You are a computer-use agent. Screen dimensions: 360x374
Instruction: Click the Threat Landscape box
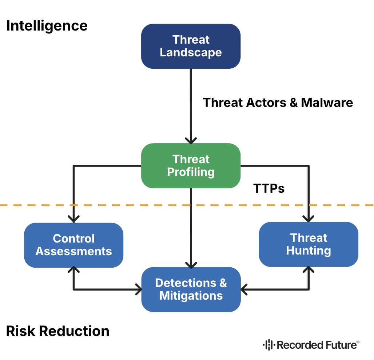tap(191, 46)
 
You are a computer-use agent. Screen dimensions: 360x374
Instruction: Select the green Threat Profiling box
tap(191, 165)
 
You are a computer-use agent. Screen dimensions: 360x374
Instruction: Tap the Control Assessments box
tap(73, 245)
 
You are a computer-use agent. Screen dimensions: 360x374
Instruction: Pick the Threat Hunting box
tap(309, 244)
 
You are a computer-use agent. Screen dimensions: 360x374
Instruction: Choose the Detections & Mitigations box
tap(191, 289)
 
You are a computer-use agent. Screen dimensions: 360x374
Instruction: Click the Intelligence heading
tap(47, 26)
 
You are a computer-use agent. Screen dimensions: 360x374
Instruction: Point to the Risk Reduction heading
tap(58, 331)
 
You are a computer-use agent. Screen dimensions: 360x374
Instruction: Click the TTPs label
tap(268, 188)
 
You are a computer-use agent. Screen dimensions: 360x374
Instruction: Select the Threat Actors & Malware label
tap(278, 103)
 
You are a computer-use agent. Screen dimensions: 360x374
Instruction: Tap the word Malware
tap(327, 103)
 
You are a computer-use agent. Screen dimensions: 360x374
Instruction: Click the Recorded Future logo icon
tap(268, 345)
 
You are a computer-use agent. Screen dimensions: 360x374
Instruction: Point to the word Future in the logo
tap(338, 345)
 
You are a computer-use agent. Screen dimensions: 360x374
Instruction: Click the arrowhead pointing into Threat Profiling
tap(191, 140)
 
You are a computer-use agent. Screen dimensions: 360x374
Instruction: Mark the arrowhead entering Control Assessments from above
tap(74, 219)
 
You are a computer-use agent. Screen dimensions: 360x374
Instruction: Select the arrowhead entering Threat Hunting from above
tap(309, 218)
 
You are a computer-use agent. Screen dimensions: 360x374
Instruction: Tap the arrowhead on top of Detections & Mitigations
tap(191, 264)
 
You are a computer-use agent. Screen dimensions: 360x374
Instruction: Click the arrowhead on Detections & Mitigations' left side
tap(139, 290)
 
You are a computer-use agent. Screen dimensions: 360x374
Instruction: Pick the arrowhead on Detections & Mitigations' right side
tap(244, 290)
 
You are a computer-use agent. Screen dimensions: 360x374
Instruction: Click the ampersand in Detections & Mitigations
tap(222, 283)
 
